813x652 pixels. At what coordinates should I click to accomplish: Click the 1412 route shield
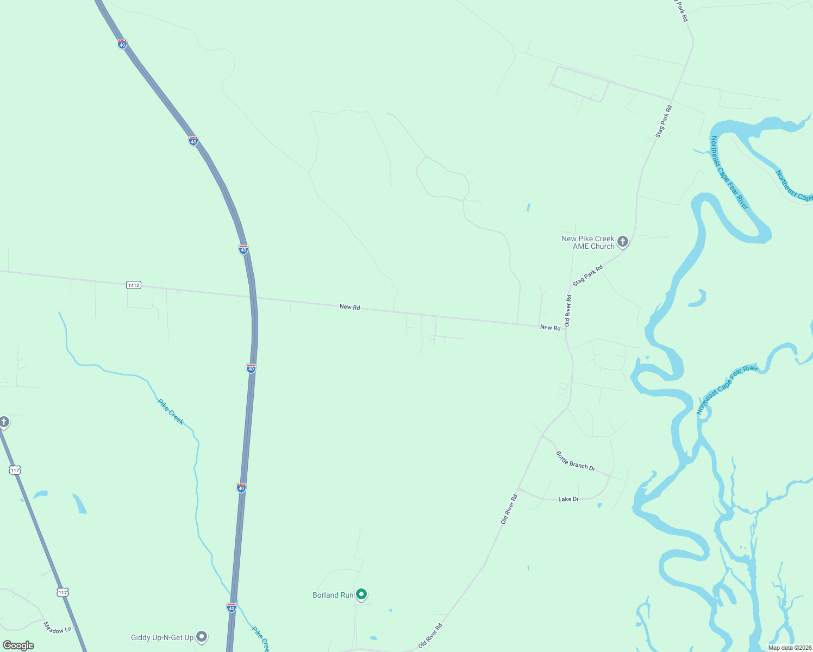click(134, 285)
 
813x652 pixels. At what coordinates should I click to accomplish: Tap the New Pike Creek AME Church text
click(587, 242)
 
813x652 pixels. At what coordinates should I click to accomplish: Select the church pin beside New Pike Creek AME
click(623, 241)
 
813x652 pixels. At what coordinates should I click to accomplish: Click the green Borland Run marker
click(361, 594)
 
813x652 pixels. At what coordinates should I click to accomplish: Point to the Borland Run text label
click(333, 595)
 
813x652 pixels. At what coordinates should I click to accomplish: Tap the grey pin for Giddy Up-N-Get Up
click(202, 636)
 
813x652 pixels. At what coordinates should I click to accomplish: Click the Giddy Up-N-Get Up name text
click(162, 637)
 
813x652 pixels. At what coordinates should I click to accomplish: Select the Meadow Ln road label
click(58, 628)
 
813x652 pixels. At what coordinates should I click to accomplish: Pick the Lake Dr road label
click(568, 499)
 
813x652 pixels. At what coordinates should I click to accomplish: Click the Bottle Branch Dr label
click(576, 461)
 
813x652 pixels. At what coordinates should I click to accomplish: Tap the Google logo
click(18, 645)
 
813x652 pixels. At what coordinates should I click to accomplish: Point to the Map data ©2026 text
click(790, 648)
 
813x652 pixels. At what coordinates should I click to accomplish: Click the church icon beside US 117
click(4, 422)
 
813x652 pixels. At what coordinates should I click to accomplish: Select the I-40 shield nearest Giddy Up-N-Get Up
click(232, 607)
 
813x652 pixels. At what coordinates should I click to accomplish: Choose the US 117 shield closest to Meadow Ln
click(63, 592)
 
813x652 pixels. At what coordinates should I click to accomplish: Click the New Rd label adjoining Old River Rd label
click(550, 328)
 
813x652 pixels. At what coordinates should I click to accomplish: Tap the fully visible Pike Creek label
click(171, 412)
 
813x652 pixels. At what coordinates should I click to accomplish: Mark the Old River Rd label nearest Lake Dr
click(509, 509)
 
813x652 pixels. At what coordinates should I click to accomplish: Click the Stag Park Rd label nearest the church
click(587, 275)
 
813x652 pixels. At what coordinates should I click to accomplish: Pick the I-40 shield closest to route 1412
click(243, 249)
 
